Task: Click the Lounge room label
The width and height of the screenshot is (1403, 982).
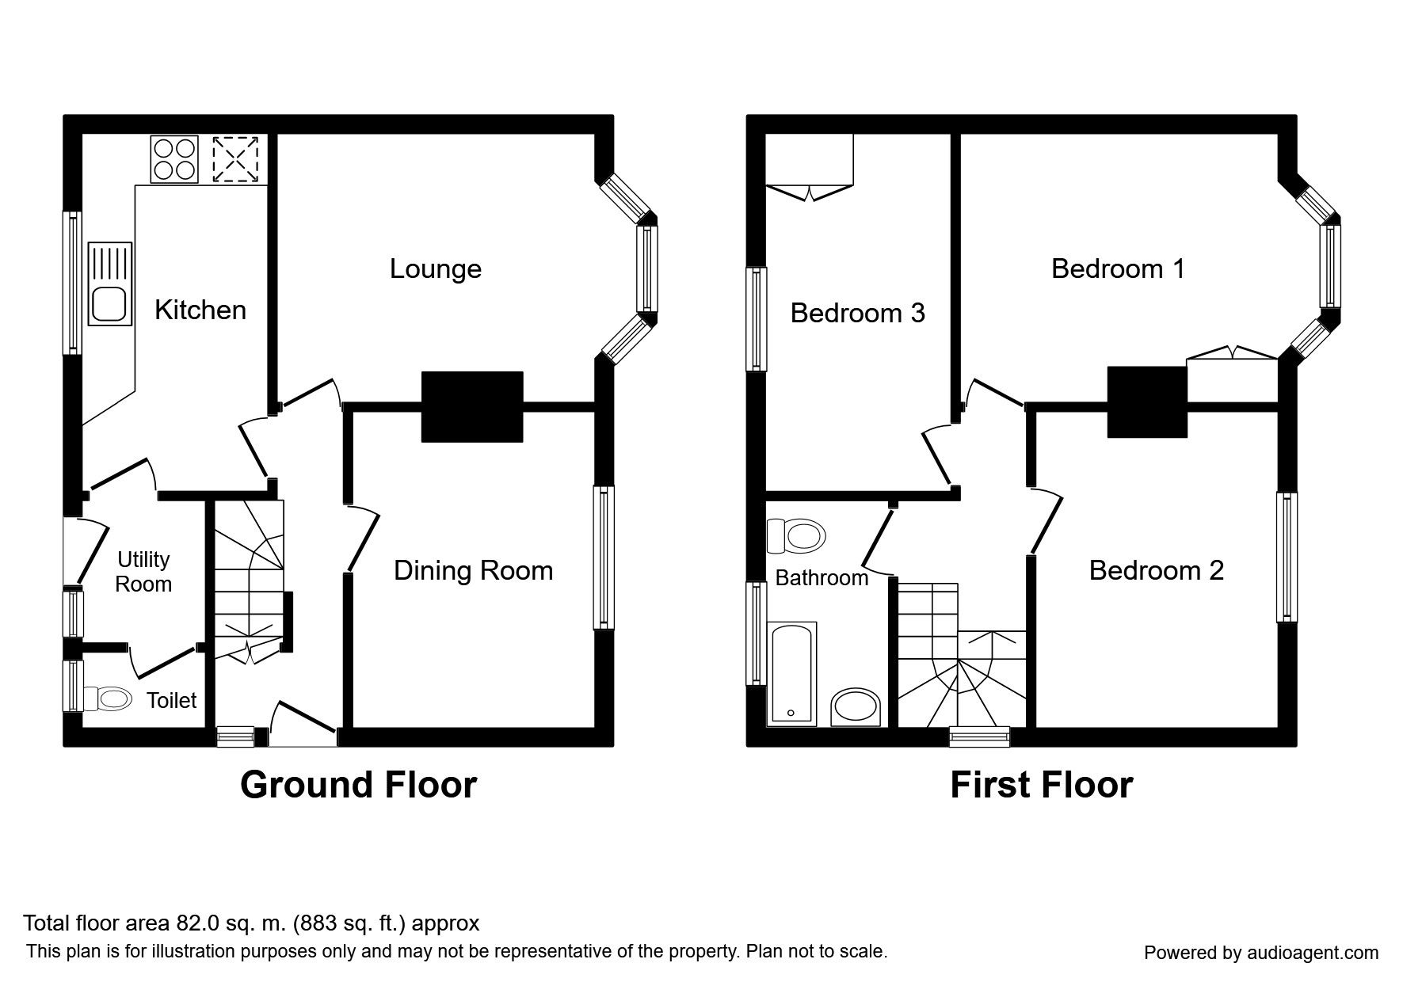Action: [436, 270]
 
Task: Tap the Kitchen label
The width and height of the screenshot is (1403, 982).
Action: [200, 310]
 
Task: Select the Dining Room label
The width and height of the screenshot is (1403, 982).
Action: [473, 571]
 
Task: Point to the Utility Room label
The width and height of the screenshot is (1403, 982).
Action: [143, 572]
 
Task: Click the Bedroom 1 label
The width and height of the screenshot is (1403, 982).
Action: [1118, 269]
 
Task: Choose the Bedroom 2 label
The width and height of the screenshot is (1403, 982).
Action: [1157, 570]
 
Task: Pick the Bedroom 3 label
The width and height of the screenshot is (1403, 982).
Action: [857, 314]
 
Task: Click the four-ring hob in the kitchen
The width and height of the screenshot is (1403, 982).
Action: [174, 159]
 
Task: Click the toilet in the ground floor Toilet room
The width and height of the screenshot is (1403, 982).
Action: [107, 698]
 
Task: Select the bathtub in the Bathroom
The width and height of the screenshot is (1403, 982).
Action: [791, 673]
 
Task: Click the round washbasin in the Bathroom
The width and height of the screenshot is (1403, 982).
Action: [856, 707]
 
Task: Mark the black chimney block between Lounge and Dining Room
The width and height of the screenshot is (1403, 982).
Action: [472, 406]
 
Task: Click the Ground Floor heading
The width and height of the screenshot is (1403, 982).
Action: [358, 785]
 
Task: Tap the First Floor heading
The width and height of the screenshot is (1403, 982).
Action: [1041, 785]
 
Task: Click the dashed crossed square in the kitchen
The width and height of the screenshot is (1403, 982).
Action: [236, 159]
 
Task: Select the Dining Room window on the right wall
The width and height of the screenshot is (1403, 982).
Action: [604, 558]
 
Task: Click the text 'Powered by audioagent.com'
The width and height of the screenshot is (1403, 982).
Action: [1261, 953]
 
